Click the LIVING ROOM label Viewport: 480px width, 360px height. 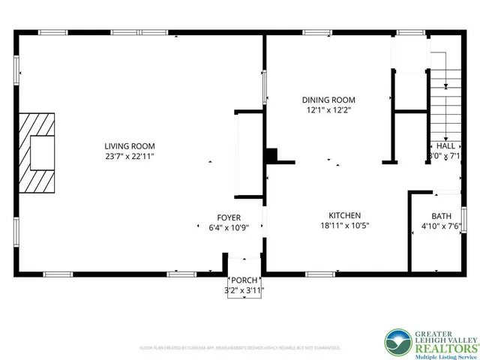tap(130, 145)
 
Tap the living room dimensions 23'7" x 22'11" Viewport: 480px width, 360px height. tap(130, 156)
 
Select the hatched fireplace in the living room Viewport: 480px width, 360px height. tap(37, 153)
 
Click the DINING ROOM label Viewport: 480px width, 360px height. tap(328, 100)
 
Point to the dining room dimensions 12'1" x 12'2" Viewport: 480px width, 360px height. tap(328, 110)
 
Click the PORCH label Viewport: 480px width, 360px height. tap(244, 282)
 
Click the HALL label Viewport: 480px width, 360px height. tap(445, 146)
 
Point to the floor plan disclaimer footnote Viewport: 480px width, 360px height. tap(240, 348)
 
